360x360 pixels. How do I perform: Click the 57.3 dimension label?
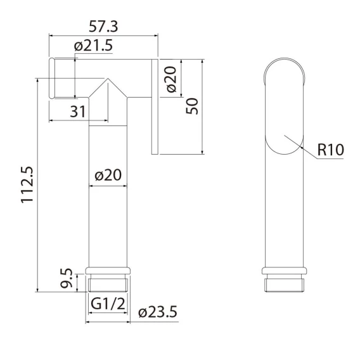(x=103, y=26)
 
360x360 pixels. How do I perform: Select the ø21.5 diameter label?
(x=93, y=46)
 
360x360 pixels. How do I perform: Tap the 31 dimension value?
(x=77, y=112)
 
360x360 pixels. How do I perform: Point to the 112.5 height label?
(x=27, y=184)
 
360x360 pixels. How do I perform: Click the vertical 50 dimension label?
(x=192, y=106)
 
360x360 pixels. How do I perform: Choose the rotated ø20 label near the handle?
(x=172, y=79)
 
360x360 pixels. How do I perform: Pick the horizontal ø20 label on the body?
(x=108, y=175)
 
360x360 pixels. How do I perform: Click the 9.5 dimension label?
(x=67, y=278)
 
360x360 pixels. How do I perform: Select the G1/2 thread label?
(x=108, y=304)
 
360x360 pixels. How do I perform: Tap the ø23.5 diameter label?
(x=158, y=312)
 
